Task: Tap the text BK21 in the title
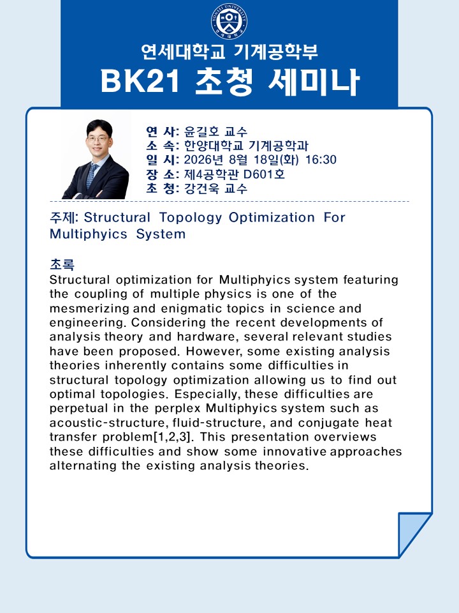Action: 140,81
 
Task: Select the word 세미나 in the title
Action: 314,82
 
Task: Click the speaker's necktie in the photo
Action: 92,176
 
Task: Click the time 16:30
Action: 321,160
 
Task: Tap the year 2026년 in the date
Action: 203,160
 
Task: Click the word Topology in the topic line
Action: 191,218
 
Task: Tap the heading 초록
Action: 62,264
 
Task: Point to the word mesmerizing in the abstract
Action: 89,309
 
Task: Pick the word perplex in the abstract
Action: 178,409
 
